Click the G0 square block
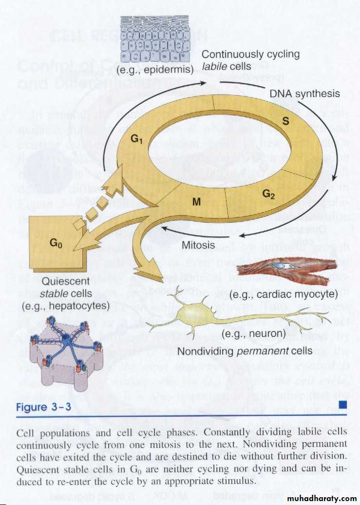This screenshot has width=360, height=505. (x=56, y=242)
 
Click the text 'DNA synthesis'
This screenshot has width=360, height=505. (x=304, y=94)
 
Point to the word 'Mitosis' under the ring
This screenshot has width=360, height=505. (x=198, y=245)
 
